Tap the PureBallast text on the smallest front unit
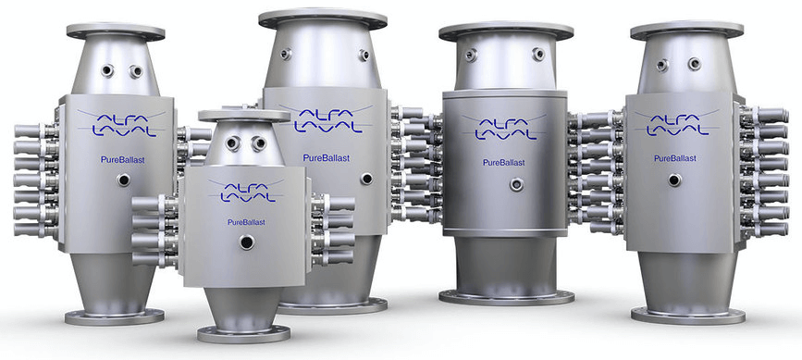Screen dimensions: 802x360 (x=247, y=222)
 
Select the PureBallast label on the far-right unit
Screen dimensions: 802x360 (x=673, y=158)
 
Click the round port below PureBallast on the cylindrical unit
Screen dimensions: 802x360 (x=516, y=184)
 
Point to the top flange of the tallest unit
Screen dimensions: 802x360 (x=323, y=19)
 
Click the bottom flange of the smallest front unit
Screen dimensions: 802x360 (x=244, y=334)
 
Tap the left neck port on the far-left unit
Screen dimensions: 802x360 (x=107, y=70)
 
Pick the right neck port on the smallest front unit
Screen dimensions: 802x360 (x=259, y=143)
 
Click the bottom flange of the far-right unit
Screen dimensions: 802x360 (x=688, y=315)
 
